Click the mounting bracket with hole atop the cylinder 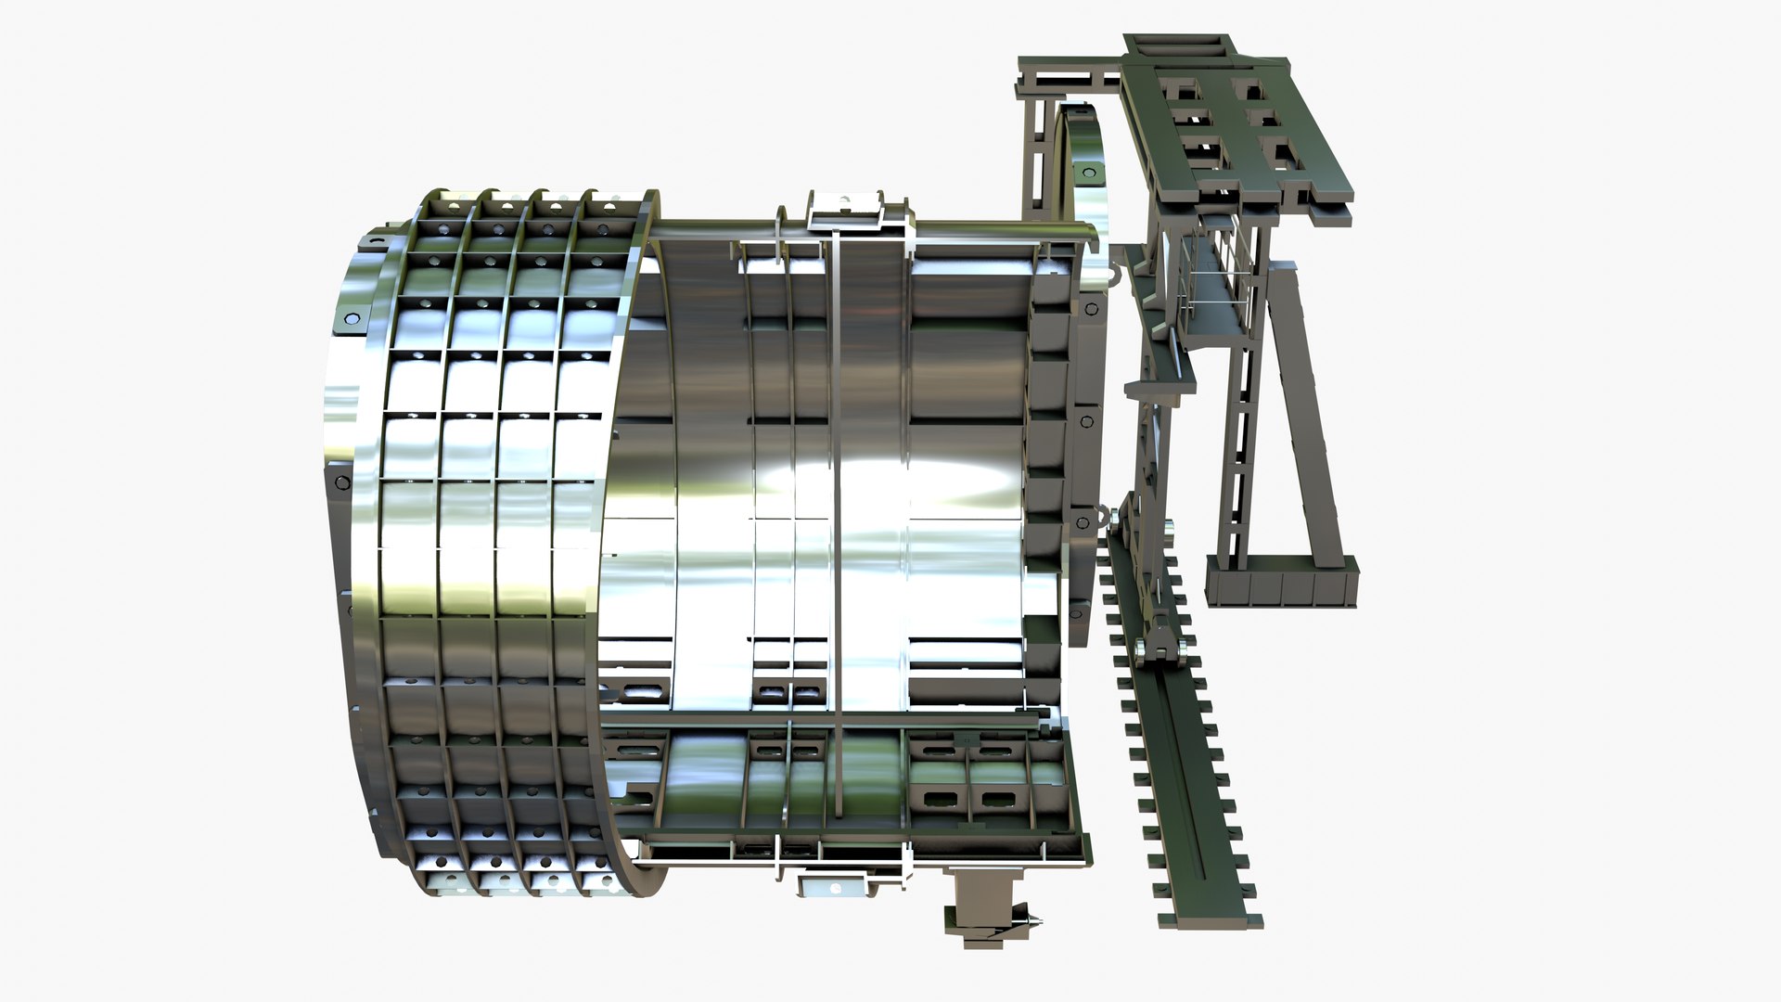coord(844,208)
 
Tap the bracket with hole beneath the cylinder coord(833,887)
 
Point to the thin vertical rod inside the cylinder coord(836,520)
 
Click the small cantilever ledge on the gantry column coord(1160,388)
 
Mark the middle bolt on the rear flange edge coord(1084,421)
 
